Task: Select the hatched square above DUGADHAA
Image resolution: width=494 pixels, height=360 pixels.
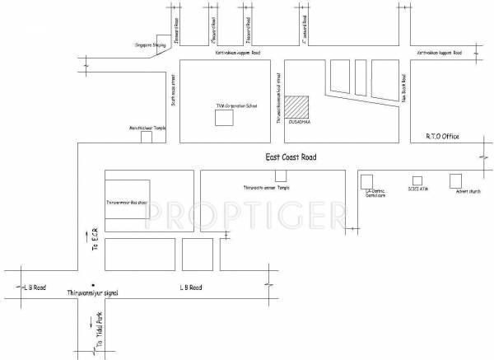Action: click(297, 109)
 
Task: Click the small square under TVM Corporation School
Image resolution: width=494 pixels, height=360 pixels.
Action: click(223, 118)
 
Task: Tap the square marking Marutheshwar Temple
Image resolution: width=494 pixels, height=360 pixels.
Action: click(147, 137)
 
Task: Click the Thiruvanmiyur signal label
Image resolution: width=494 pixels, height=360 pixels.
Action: click(93, 292)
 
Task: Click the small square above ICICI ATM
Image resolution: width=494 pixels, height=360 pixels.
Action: click(417, 180)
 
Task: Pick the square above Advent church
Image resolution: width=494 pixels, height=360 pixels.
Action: click(455, 180)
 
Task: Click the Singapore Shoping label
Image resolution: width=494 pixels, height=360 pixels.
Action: click(150, 45)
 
